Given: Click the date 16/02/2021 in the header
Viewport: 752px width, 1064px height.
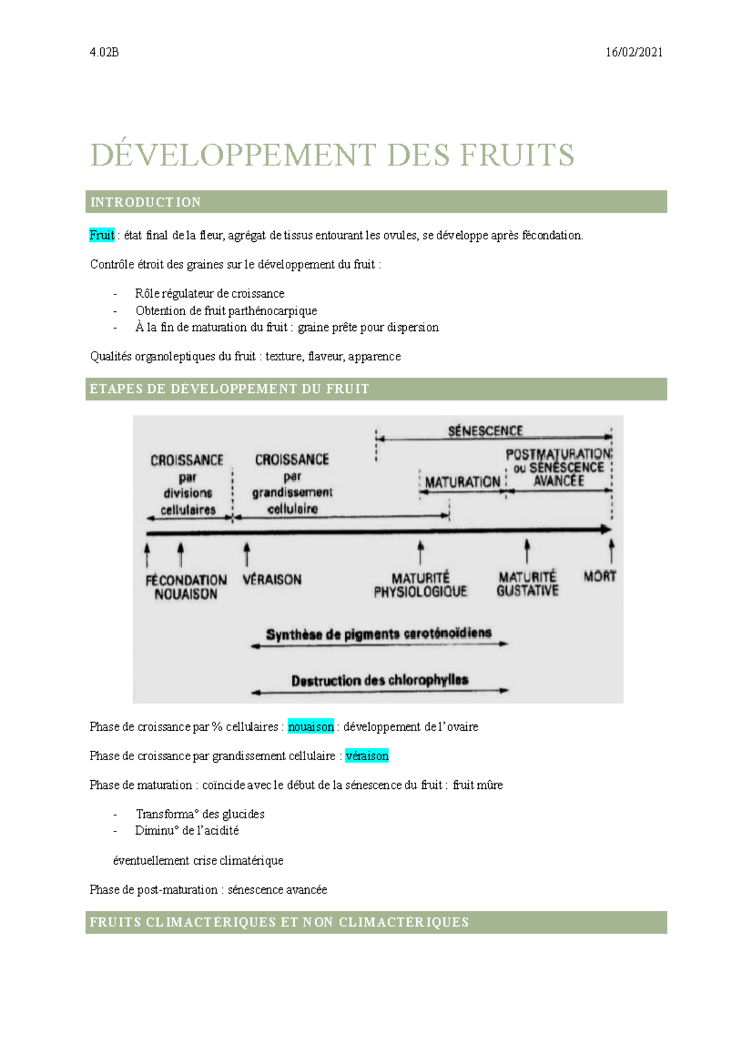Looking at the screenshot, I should click(634, 53).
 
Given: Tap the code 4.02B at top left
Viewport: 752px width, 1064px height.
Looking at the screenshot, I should click(104, 53).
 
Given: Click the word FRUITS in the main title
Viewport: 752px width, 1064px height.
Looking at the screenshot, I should click(517, 155).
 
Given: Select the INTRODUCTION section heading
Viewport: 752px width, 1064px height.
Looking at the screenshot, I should click(145, 202).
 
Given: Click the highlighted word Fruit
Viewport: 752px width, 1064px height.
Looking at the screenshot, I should click(102, 236).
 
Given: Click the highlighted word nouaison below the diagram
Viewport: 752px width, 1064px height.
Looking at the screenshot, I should click(311, 727).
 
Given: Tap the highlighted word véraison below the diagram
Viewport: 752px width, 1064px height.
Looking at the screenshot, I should click(367, 756).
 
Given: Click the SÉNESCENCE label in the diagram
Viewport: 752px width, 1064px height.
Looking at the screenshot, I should click(485, 431).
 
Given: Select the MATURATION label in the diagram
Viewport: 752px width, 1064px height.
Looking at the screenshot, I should click(462, 482).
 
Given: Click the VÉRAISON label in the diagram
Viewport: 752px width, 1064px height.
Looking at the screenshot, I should click(272, 580).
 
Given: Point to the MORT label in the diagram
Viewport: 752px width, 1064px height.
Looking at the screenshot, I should click(600, 576).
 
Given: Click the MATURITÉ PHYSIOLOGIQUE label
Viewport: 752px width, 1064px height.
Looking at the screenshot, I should click(420, 585).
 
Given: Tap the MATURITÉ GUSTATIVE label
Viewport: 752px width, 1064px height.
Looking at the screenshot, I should click(527, 583).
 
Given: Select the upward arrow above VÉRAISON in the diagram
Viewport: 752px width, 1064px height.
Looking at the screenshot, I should click(247, 555).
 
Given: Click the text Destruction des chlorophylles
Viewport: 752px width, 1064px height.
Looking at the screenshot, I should click(380, 681).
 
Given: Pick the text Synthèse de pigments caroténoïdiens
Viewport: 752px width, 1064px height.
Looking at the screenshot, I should click(379, 634).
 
